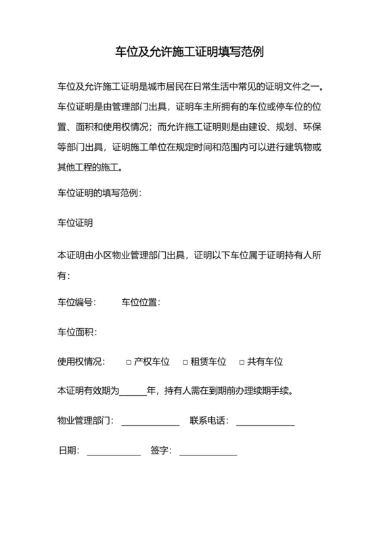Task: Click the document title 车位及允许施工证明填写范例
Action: click(189, 51)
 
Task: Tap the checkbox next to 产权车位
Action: click(129, 362)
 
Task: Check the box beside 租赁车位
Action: click(185, 362)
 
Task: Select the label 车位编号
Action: click(76, 302)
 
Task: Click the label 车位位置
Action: click(140, 302)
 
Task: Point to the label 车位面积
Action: click(76, 332)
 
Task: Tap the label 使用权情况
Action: click(81, 361)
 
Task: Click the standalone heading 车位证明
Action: click(75, 222)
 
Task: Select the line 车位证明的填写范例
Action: click(99, 192)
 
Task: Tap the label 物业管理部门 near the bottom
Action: click(85, 421)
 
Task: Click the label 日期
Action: click(69, 450)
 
